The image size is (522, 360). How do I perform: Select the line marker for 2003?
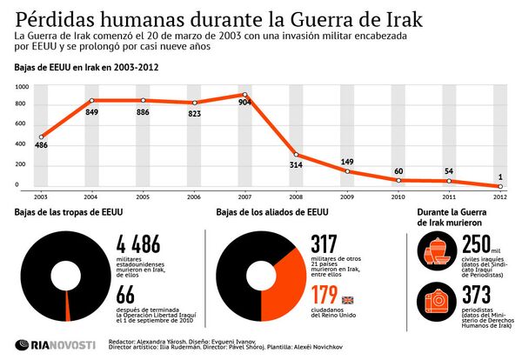tap(41, 137)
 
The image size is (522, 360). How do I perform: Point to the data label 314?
tap(296, 163)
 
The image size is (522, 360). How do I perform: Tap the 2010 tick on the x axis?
tap(398, 197)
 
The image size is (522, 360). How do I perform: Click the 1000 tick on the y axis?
tap(22, 87)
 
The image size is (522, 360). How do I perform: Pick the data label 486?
tap(41, 146)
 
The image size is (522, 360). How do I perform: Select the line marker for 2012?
tap(499, 186)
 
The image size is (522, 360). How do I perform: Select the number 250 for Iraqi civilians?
tap(479, 246)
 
